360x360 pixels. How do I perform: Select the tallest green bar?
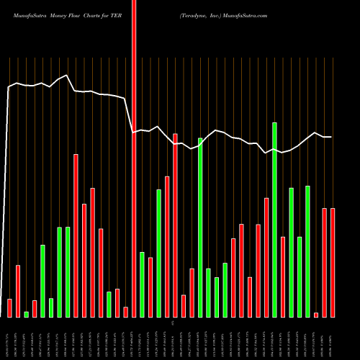274,220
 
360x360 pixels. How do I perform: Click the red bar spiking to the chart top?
133,158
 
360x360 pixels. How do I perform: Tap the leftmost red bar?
10,308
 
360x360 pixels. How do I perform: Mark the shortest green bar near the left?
27,314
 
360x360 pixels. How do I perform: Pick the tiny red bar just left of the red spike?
125,312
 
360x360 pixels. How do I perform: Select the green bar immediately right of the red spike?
142,284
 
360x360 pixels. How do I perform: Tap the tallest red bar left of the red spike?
76,235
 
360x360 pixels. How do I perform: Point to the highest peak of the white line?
67,76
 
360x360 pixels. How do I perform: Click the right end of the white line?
331,137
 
